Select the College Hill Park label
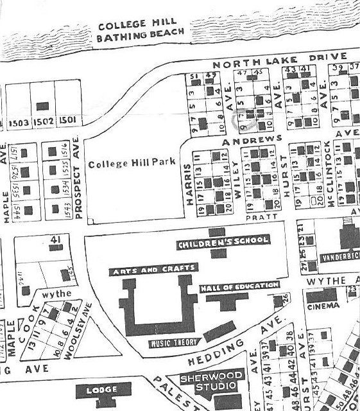point(133,163)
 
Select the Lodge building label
point(103,390)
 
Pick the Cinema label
point(323,305)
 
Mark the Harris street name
point(189,185)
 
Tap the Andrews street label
point(252,139)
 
